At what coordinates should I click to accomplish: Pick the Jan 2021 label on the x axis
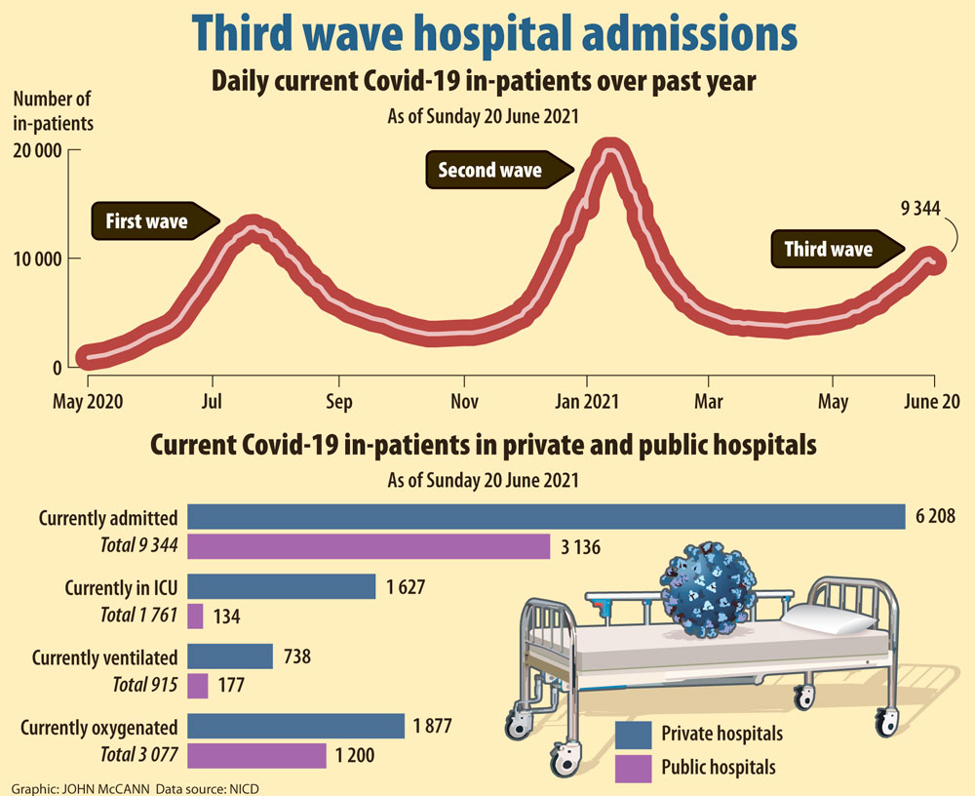pyautogui.click(x=586, y=401)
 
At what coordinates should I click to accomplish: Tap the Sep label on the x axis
pyautogui.click(x=339, y=401)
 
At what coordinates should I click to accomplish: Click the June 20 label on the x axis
pyautogui.click(x=934, y=401)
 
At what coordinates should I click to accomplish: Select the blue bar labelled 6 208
pyautogui.click(x=546, y=517)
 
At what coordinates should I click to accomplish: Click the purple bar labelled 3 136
pyautogui.click(x=369, y=546)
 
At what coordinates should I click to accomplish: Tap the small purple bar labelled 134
pyautogui.click(x=195, y=616)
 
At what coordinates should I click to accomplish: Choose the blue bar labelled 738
pyautogui.click(x=230, y=657)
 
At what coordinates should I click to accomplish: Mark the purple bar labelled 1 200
pyautogui.click(x=256, y=755)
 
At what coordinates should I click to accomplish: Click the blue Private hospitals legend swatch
pyautogui.click(x=633, y=733)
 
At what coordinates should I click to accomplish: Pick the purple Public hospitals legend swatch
pyautogui.click(x=633, y=767)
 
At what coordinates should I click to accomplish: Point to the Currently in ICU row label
pyautogui.click(x=121, y=588)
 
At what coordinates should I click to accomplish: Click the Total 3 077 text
pyautogui.click(x=138, y=754)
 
